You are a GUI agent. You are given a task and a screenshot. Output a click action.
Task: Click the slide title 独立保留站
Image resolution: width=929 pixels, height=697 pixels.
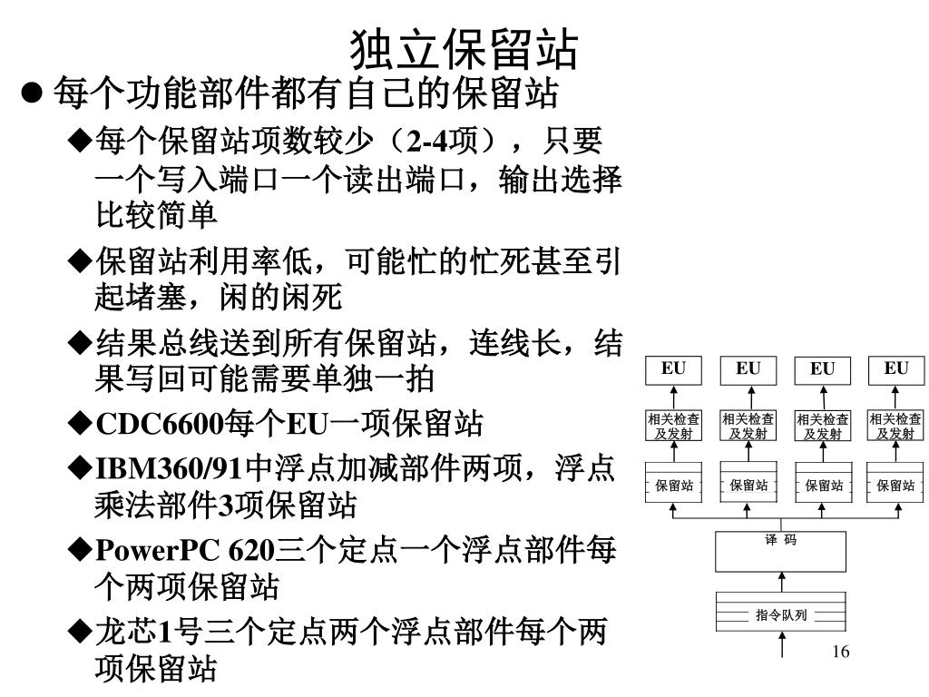point(464,50)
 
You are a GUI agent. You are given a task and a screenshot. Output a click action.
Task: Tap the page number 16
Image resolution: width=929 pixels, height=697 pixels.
point(839,652)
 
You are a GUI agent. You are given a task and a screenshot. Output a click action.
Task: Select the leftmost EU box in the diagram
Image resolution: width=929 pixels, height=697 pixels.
point(673,370)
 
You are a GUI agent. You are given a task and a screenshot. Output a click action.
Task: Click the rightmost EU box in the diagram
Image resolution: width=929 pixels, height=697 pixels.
point(895,370)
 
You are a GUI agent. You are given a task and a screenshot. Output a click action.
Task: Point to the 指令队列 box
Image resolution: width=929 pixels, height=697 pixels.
point(780,614)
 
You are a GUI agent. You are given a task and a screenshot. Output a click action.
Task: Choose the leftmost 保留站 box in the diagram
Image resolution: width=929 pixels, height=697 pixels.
point(673,485)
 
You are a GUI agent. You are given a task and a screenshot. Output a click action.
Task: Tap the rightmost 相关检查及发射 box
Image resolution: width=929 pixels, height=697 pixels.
point(895,426)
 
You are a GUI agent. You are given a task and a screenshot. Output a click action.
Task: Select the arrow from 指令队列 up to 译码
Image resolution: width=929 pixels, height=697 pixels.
point(781,582)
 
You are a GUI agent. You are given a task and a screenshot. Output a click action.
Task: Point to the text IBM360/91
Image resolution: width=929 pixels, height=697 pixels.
point(170,469)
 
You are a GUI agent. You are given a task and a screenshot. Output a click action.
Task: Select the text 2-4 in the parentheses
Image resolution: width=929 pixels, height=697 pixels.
point(427,142)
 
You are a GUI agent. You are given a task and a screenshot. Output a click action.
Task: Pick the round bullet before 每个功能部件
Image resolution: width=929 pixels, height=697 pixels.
point(34,93)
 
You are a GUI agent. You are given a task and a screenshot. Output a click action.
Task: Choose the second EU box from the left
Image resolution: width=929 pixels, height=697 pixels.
point(748,370)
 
